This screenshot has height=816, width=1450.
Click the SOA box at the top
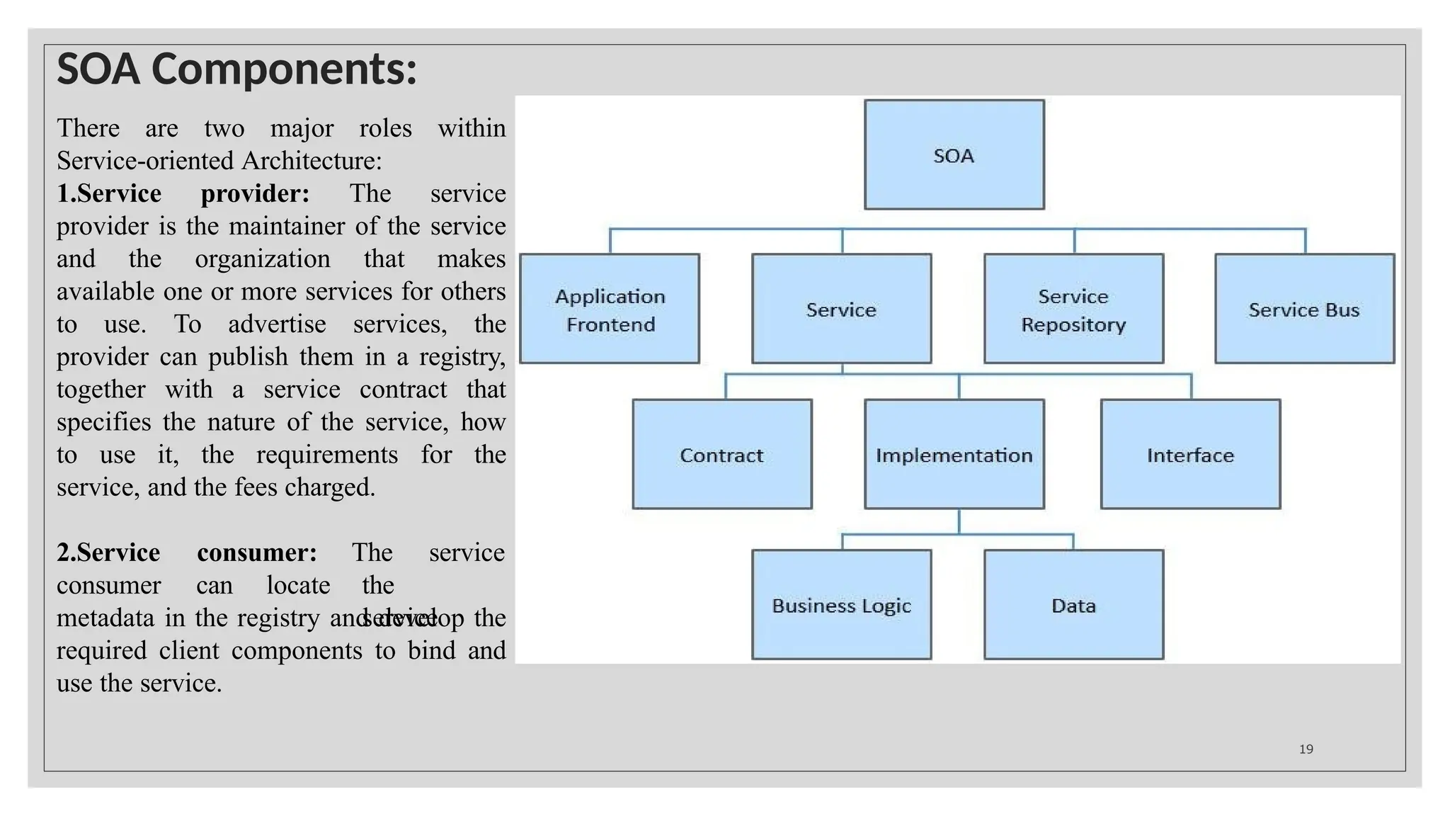click(x=954, y=155)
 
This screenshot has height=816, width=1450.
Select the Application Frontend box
click(x=610, y=310)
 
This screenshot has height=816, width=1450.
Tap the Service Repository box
click(x=1073, y=310)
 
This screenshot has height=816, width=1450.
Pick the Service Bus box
click(x=1304, y=310)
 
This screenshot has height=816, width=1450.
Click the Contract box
click(x=721, y=455)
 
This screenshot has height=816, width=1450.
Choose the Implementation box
click(x=954, y=455)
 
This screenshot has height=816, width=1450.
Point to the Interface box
click(x=1190, y=455)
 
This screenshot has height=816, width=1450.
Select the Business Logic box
click(x=841, y=606)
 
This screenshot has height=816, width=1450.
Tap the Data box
click(x=1073, y=606)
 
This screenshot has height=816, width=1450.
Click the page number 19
click(x=1306, y=749)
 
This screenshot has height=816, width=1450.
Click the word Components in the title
click(x=283, y=70)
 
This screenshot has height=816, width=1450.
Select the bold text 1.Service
click(x=109, y=193)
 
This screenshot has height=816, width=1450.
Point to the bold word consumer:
click(x=256, y=552)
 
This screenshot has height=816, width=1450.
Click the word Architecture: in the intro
click(x=312, y=161)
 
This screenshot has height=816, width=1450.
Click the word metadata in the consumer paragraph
click(x=105, y=618)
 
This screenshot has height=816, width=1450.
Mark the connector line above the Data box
click(x=1073, y=542)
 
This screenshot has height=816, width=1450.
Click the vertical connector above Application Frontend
click(x=610, y=242)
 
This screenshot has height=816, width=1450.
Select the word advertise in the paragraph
click(x=277, y=324)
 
